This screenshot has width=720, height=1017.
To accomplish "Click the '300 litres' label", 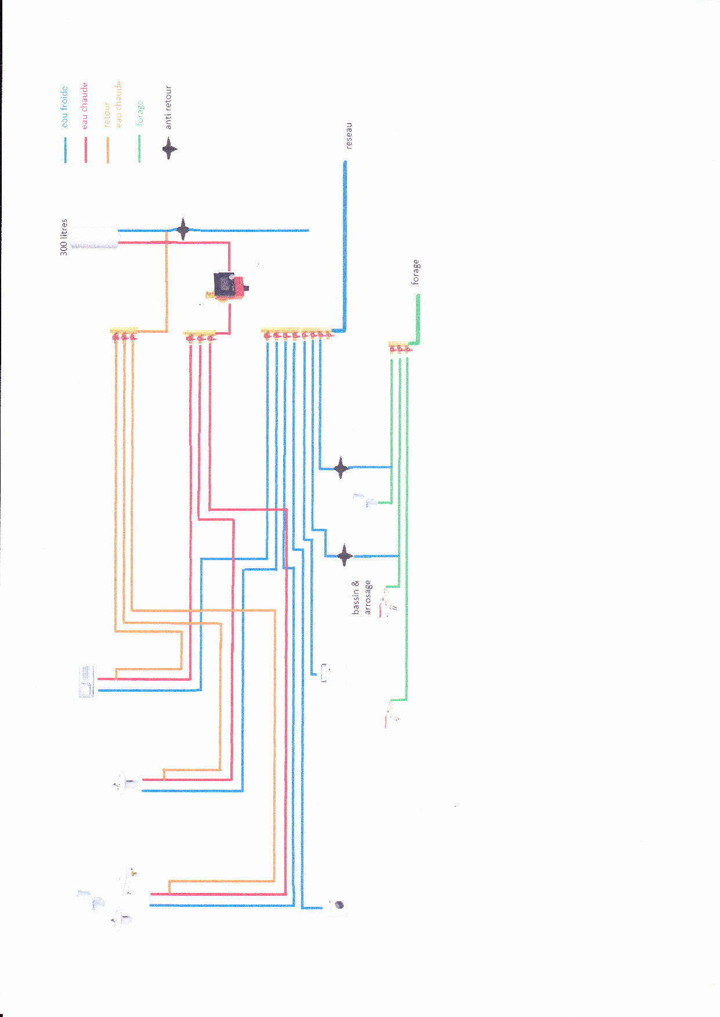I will [64, 237].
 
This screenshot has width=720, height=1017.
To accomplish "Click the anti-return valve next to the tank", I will [183, 230].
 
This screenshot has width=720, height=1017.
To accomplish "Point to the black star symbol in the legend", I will [169, 149].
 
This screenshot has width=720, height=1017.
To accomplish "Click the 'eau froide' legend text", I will [64, 107].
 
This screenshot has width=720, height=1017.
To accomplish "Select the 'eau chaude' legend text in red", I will [84, 105].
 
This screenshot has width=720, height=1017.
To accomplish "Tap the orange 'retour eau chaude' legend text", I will [113, 104].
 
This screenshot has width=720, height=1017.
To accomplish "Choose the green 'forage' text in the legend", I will [140, 112].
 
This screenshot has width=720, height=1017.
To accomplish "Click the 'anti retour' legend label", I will [168, 107].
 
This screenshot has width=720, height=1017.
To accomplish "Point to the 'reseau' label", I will [349, 136].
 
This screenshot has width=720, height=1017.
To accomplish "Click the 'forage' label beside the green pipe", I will [415, 272].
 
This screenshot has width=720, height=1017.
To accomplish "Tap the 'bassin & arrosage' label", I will [361, 597].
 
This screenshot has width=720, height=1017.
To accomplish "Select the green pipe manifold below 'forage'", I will [400, 347].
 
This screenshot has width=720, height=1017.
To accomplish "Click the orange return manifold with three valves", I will [124, 333].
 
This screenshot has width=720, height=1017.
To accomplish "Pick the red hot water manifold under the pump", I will [200, 336].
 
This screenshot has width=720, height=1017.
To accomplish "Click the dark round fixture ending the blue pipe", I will [339, 905].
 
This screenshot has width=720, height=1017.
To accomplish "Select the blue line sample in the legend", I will [65, 150].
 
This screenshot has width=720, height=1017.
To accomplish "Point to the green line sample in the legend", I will [139, 148].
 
